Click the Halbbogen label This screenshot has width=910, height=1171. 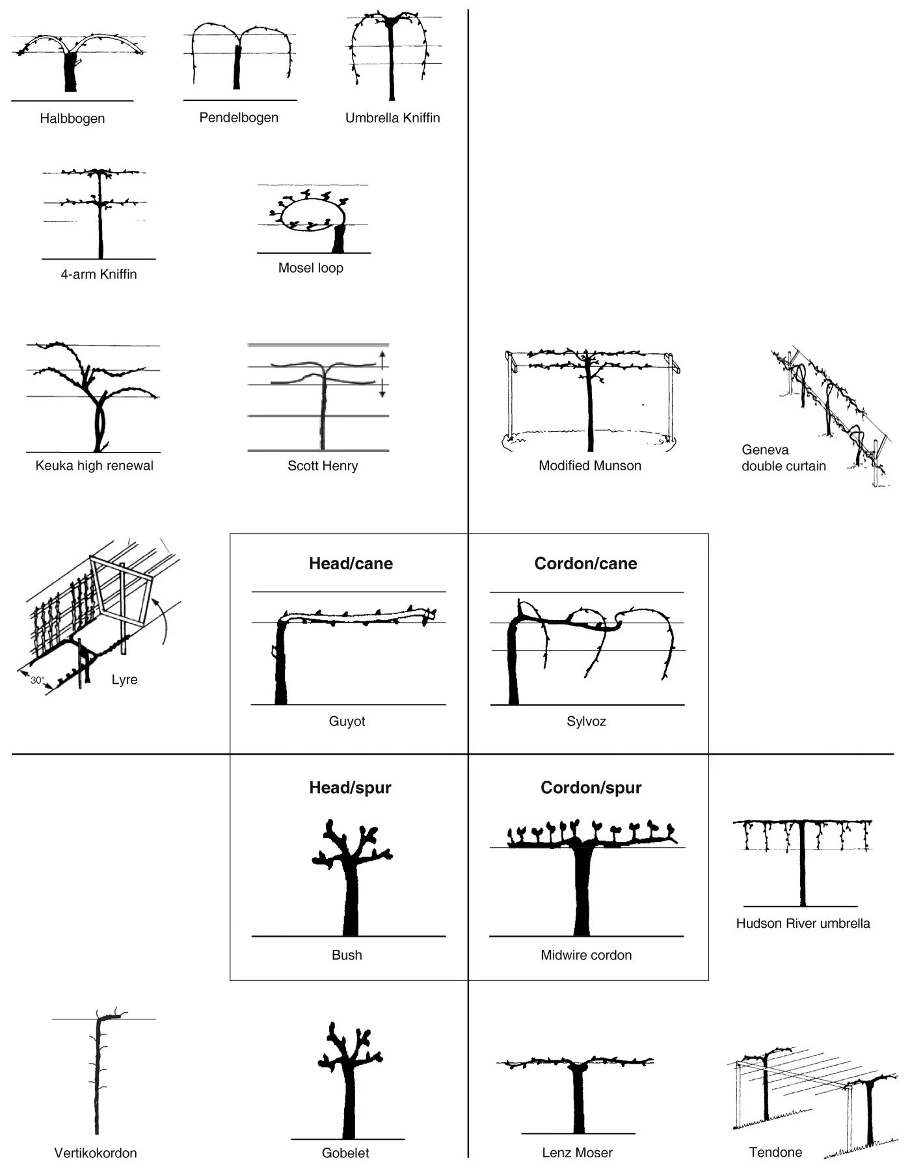click(x=72, y=118)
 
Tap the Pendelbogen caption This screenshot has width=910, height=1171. click(x=239, y=118)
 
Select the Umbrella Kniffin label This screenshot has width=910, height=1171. click(x=392, y=118)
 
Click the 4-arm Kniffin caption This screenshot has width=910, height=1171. click(x=99, y=275)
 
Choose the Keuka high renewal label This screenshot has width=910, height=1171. click(x=94, y=466)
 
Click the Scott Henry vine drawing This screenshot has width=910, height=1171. click(x=322, y=397)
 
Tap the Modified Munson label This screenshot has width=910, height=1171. click(x=590, y=466)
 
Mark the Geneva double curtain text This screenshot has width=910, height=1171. click(x=783, y=458)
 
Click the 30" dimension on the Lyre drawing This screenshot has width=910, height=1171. click(x=37, y=680)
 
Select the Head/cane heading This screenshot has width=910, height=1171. click(x=351, y=563)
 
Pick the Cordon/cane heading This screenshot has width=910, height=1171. click(x=585, y=563)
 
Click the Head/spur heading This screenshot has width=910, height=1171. click(x=350, y=788)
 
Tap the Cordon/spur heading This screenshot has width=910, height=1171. click(x=591, y=788)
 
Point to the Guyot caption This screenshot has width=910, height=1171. click(x=347, y=721)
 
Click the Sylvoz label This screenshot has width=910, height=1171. click(x=586, y=721)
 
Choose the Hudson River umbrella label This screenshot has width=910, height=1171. click(x=803, y=923)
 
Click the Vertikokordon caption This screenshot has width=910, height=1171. click(x=96, y=1153)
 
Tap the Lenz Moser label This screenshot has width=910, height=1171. click(x=577, y=1153)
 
